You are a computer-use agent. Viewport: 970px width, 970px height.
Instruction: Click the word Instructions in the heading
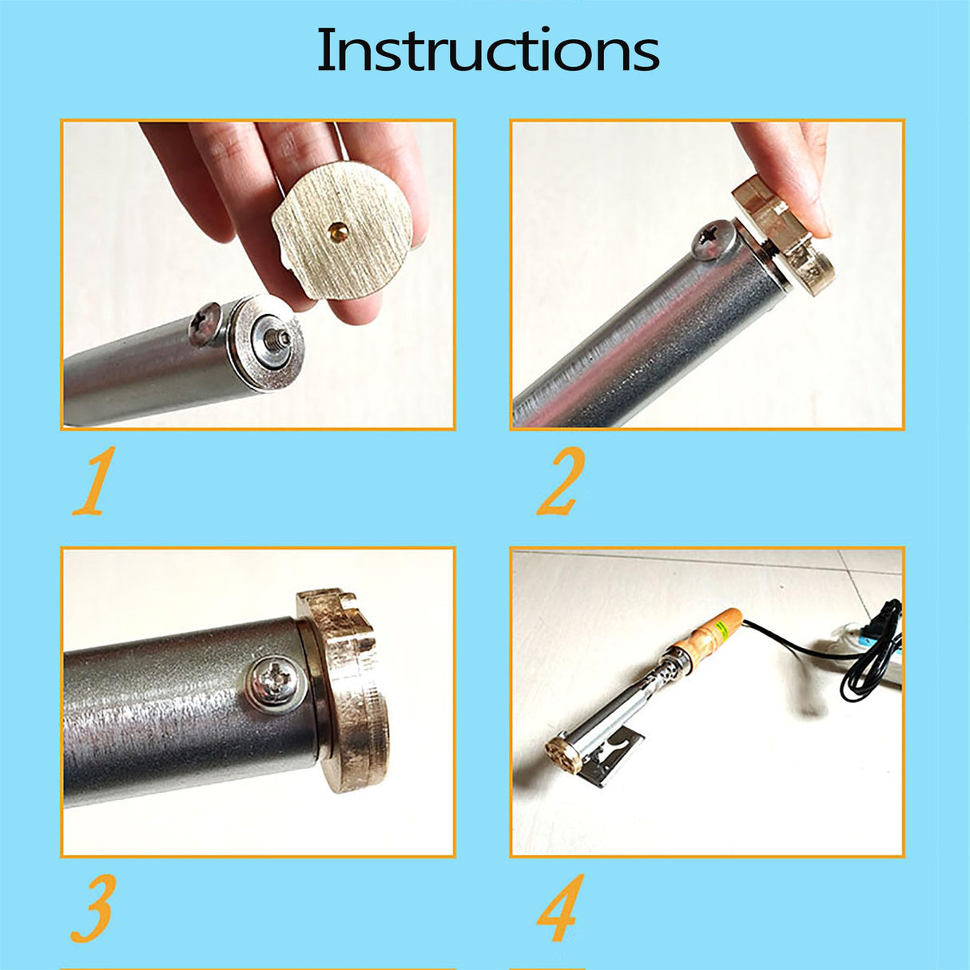pyautogui.click(x=487, y=50)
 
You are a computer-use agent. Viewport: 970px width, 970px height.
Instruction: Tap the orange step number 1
pyautogui.click(x=95, y=481)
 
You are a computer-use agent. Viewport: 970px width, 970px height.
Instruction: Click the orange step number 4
pyautogui.click(x=561, y=908)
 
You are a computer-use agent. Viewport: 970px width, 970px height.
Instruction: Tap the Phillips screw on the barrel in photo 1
pyautogui.click(x=205, y=324)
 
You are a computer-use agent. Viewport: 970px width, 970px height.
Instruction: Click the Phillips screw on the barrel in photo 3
pyautogui.click(x=275, y=684)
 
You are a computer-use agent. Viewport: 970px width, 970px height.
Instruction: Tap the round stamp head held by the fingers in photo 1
pyautogui.click(x=342, y=231)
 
